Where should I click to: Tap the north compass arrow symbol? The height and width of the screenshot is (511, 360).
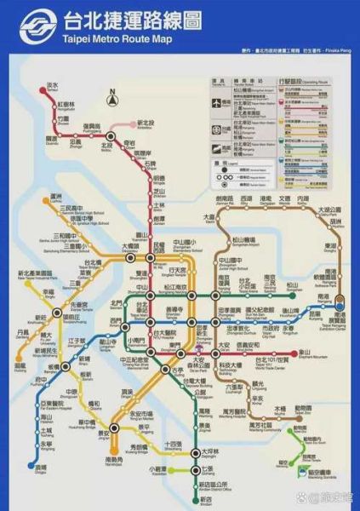tap(111, 97)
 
